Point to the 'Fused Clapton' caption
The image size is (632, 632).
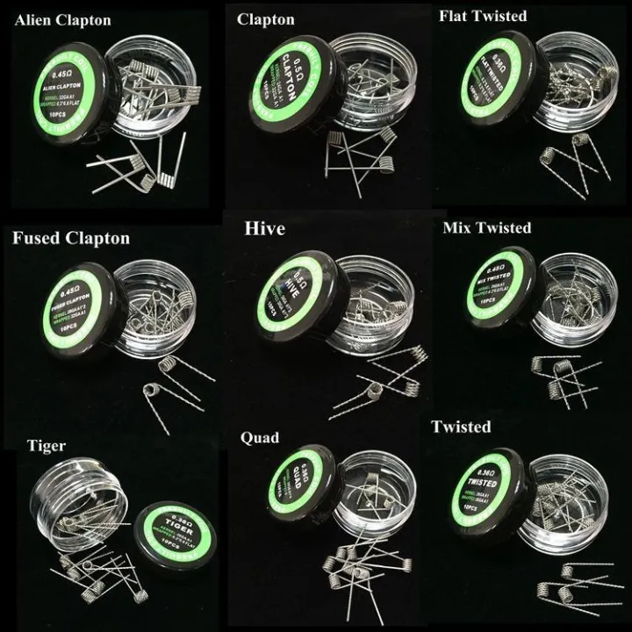coord(71,238)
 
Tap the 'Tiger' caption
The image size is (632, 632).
coord(40,447)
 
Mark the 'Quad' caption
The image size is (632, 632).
coord(260,438)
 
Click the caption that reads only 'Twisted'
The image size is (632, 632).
coord(461,427)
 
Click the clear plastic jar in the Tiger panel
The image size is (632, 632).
coord(83,505)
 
